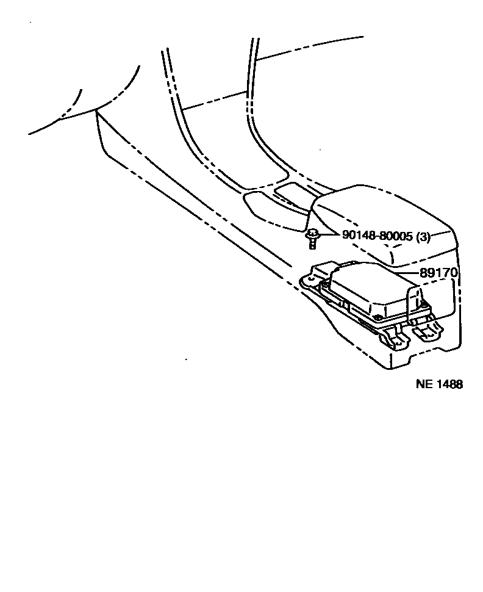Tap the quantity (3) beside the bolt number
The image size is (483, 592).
(x=423, y=237)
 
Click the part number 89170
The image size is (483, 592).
(x=438, y=273)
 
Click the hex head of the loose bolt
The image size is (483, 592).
(x=313, y=233)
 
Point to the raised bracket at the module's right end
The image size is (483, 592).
(x=418, y=303)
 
